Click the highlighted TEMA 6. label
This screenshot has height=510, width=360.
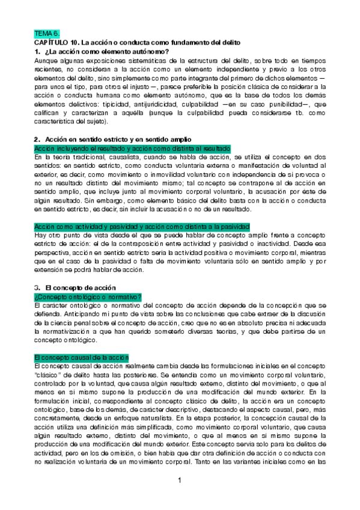click(x=47, y=34)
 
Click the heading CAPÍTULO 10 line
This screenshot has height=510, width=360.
click(x=137, y=43)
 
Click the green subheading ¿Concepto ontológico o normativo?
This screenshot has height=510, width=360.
click(x=88, y=296)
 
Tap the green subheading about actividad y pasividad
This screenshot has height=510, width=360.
click(x=142, y=226)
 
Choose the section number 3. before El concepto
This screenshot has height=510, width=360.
click(x=37, y=287)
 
